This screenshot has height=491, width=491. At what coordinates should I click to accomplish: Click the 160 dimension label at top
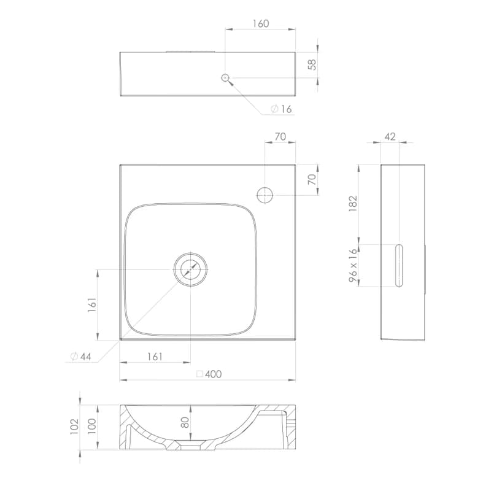[x=260, y=23]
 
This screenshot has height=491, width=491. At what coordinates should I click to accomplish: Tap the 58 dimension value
[x=312, y=64]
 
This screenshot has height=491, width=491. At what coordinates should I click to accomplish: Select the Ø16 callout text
[x=281, y=109]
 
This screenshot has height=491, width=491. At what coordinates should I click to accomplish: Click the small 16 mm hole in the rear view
[x=225, y=78]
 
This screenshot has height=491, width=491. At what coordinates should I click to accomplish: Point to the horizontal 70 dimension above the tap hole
[x=280, y=136]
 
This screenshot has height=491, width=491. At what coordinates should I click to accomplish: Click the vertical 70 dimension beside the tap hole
[x=312, y=179]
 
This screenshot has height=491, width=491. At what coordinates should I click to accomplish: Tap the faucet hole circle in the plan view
[x=265, y=195]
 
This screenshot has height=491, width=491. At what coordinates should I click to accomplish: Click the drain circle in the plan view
[x=191, y=269]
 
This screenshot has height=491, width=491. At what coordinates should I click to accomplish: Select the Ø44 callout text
[x=81, y=357]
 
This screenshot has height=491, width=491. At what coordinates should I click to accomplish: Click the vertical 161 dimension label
[x=92, y=304]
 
